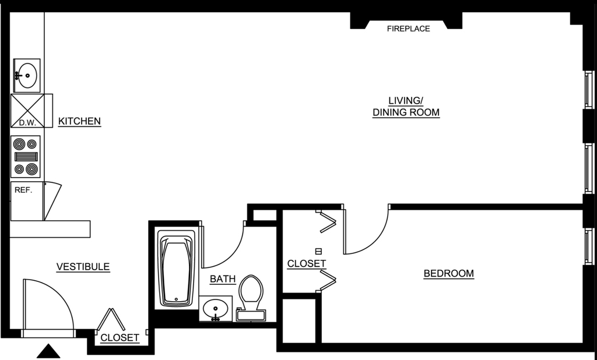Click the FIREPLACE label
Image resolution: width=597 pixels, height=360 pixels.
pyautogui.click(x=408, y=29)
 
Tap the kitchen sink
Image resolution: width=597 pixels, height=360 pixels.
pyautogui.click(x=27, y=75)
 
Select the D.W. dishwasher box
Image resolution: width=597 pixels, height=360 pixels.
pyautogui.click(x=27, y=111)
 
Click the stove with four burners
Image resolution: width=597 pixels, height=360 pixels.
pyautogui.click(x=26, y=156)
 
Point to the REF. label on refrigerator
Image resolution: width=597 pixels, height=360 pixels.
pyautogui.click(x=23, y=190)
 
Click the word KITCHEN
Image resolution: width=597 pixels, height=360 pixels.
pyautogui.click(x=79, y=121)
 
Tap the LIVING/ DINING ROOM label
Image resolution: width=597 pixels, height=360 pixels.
pyautogui.click(x=406, y=107)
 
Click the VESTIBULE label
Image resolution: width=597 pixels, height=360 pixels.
pyautogui.click(x=83, y=266)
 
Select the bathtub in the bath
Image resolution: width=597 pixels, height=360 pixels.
pyautogui.click(x=177, y=268)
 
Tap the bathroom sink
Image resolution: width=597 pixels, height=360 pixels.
pyautogui.click(x=216, y=308)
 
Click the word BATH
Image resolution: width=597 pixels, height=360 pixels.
pyautogui.click(x=223, y=279)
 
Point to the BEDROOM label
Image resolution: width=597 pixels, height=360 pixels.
pyautogui.click(x=448, y=273)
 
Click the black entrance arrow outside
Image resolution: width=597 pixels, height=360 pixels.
pyautogui.click(x=48, y=351)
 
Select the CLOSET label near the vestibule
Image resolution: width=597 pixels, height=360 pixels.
pyautogui.click(x=120, y=337)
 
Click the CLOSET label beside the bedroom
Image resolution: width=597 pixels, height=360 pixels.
pyautogui.click(x=307, y=263)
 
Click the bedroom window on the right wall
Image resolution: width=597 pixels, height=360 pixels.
pyautogui.click(x=589, y=246)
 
